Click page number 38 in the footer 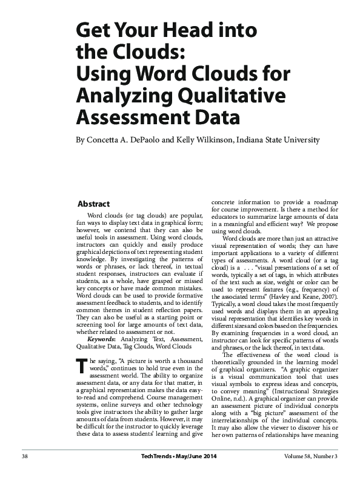25,456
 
